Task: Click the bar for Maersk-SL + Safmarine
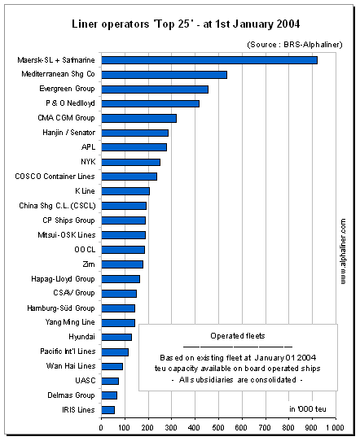point(209,60)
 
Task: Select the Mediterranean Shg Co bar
point(164,75)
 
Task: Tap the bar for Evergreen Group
point(155,90)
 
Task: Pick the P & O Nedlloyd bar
point(151,104)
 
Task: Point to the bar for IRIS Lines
point(108,410)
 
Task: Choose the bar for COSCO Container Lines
point(130,177)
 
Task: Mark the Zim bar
point(122,264)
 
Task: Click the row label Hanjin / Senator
point(68,133)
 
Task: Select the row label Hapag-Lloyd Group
point(63,279)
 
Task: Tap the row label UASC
point(86,381)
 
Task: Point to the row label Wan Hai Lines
point(71,366)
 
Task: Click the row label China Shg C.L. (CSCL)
point(57,206)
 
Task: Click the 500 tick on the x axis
point(218,428)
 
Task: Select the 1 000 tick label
point(335,428)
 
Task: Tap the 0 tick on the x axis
point(101,428)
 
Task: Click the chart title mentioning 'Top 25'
point(186,24)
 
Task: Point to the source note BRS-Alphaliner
point(295,45)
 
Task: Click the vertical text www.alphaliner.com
point(343,251)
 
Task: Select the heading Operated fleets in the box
point(238,336)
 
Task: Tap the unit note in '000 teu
point(308,409)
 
